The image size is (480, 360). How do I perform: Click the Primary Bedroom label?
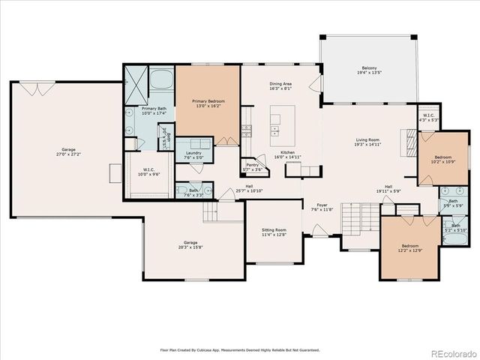coord(208,100)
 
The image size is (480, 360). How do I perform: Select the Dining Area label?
coord(282,83)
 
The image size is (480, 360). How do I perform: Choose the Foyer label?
coord(322,204)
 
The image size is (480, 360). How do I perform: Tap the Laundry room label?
coord(193,154)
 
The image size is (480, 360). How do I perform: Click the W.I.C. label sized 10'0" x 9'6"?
coord(148,169)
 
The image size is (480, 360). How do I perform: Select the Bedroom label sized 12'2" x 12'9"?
coord(409,246)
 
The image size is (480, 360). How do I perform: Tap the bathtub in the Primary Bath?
coord(161,80)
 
